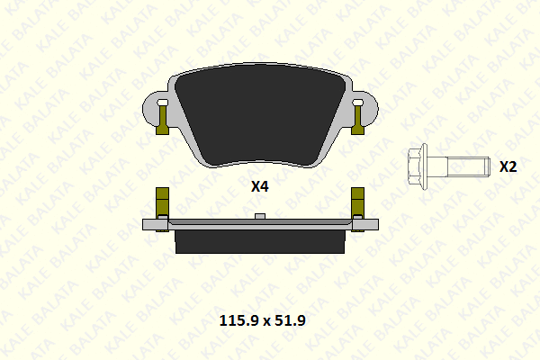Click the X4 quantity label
coord(260,186)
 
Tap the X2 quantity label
coord(508,166)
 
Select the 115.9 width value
coord(238,320)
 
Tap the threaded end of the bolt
coord(468,166)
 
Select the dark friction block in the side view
coord(260,242)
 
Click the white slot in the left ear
coord(162,103)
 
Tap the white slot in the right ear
coord(357,103)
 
